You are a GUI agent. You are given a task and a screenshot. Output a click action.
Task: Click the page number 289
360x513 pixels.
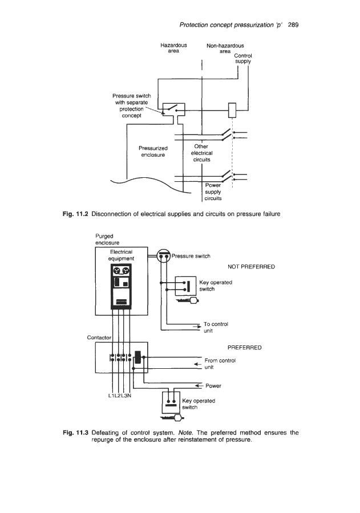point(294,25)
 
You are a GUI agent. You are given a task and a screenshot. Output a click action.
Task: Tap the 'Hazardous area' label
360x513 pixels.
point(174,47)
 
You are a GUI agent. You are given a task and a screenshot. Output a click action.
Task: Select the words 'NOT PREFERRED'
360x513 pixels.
point(251,266)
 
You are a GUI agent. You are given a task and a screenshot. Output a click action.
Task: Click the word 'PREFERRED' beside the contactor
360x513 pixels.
point(245,346)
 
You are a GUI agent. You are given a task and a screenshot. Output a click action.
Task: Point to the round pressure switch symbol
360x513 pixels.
point(164,256)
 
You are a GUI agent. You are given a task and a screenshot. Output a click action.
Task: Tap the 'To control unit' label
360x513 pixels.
point(216,327)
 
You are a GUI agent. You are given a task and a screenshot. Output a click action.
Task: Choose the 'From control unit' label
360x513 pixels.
point(220,364)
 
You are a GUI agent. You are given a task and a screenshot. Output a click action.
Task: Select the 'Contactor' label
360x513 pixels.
point(98,337)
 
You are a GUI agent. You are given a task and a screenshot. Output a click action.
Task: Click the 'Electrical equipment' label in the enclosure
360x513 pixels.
point(121,255)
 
